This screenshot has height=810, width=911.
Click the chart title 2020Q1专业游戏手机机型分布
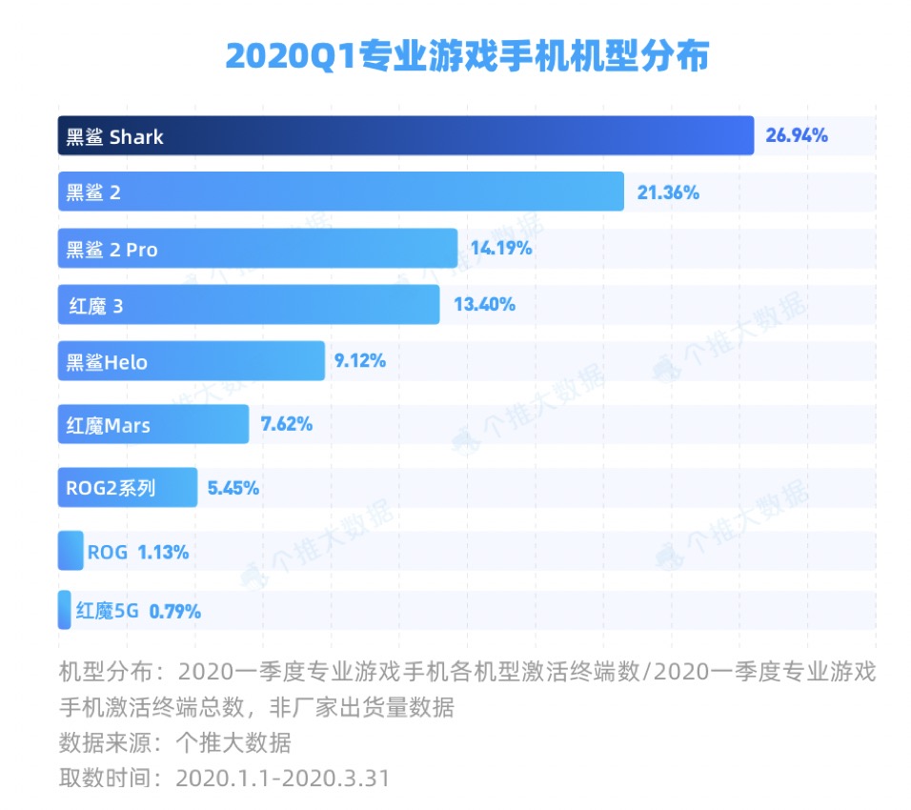467,55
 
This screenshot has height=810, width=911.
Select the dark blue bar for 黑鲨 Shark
405,135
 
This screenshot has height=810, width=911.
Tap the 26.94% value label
797,135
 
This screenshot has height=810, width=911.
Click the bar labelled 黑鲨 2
340,192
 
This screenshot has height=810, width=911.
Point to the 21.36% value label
668,192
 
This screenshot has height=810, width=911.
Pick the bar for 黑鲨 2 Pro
257,249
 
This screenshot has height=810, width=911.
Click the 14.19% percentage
499,249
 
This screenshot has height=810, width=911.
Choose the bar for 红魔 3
248,305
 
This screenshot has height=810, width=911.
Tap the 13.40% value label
483,305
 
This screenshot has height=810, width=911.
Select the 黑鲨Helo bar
191,361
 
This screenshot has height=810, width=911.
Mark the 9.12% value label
360,361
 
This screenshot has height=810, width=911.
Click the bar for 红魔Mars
152,424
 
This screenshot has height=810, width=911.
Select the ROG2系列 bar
127,488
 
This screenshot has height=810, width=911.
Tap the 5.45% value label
233,488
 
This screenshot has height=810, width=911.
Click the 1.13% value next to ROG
163,552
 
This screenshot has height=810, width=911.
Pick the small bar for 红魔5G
64,610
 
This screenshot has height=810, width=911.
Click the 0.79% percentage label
175,611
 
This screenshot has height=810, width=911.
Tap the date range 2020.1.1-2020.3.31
283,778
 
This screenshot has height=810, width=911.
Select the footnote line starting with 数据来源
174,742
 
